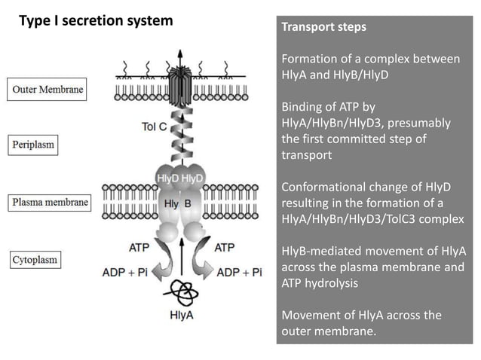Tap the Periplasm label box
pyautogui.click(x=33, y=143)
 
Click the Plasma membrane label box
pyautogui.click(x=50, y=202)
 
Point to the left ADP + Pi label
pyautogui.click(x=124, y=272)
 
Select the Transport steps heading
pyautogui.click(x=323, y=27)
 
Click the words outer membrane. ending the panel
pyautogui.click(x=329, y=329)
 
